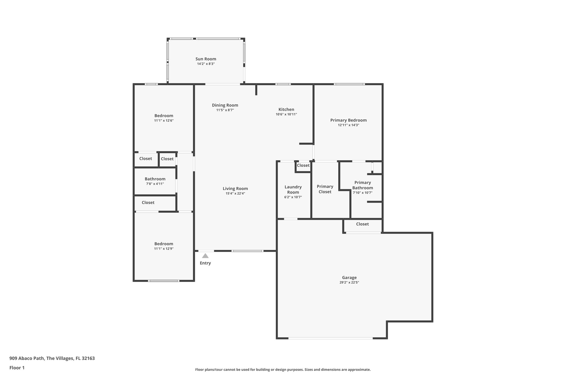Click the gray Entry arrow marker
[x=205, y=256]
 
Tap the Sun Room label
[x=206, y=59]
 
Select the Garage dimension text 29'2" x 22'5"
[x=349, y=283]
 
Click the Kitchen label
[x=286, y=109]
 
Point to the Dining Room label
[x=225, y=105]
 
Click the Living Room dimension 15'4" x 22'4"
[x=235, y=194]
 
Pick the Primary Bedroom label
[x=348, y=120]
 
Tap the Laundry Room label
[x=293, y=189]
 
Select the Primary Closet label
[x=325, y=189]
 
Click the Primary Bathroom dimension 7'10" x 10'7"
[x=362, y=193]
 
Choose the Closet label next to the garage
[x=362, y=224]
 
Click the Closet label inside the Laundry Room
[x=303, y=165]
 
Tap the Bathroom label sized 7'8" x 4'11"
[x=155, y=179]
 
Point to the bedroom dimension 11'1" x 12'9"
[x=164, y=249]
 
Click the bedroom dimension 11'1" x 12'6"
[x=164, y=121]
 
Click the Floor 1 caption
[x=17, y=368]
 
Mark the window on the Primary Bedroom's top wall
[x=349, y=84]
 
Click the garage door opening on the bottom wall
[x=330, y=338]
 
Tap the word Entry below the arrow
[x=205, y=263]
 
